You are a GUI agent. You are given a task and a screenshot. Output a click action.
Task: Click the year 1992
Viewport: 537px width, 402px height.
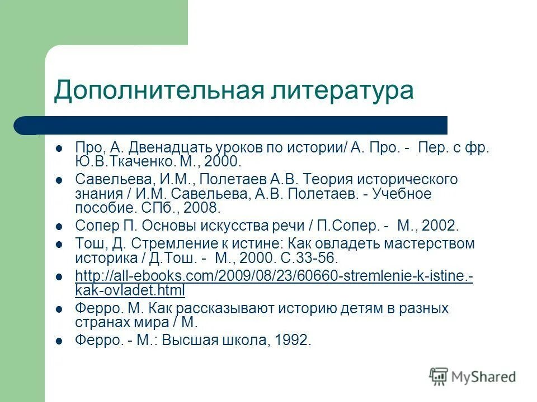(x=291, y=341)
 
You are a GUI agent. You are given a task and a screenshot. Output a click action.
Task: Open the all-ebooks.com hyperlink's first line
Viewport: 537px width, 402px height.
(x=274, y=277)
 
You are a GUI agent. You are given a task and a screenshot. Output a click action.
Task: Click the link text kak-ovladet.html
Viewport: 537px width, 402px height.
(x=130, y=291)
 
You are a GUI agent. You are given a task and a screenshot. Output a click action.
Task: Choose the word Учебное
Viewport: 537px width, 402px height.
(x=404, y=194)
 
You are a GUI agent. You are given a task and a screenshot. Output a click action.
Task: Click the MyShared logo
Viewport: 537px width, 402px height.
(x=473, y=377)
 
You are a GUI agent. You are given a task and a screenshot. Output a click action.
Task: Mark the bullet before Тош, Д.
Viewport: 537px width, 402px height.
(x=59, y=245)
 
